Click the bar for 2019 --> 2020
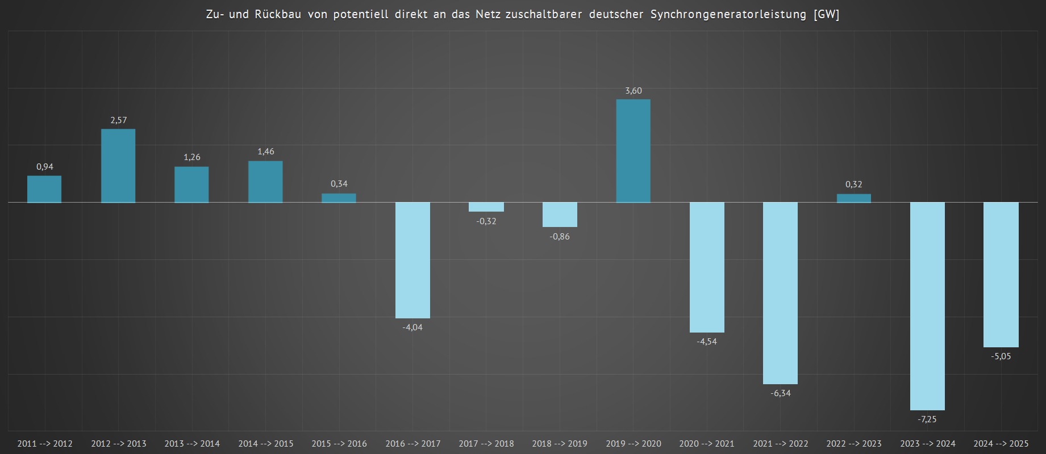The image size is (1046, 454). tap(634, 151)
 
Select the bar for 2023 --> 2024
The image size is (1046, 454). tap(927, 306)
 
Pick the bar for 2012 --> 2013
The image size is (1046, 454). tap(118, 166)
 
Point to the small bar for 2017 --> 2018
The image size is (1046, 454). tap(486, 207)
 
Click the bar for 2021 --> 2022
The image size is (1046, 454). tap(780, 293)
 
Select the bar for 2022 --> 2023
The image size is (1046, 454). tap(853, 198)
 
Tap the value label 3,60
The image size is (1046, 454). tap(634, 91)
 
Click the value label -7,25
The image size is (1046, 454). tap(927, 419)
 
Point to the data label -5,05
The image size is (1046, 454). tap(1001, 356)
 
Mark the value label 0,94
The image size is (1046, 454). tap(45, 167)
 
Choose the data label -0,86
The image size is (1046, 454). tap(560, 237)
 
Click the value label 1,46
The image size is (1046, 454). tap(266, 152)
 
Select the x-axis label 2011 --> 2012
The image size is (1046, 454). tap(45, 444)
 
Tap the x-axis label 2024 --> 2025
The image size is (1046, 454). tap(1001, 444)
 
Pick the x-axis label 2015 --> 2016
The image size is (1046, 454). tap(339, 444)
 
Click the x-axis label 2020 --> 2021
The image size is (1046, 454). tap(707, 444)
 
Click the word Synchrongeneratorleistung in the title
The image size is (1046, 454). tap(728, 14)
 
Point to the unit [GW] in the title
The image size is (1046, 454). tap(826, 14)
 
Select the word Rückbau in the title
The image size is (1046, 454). tap(278, 14)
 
